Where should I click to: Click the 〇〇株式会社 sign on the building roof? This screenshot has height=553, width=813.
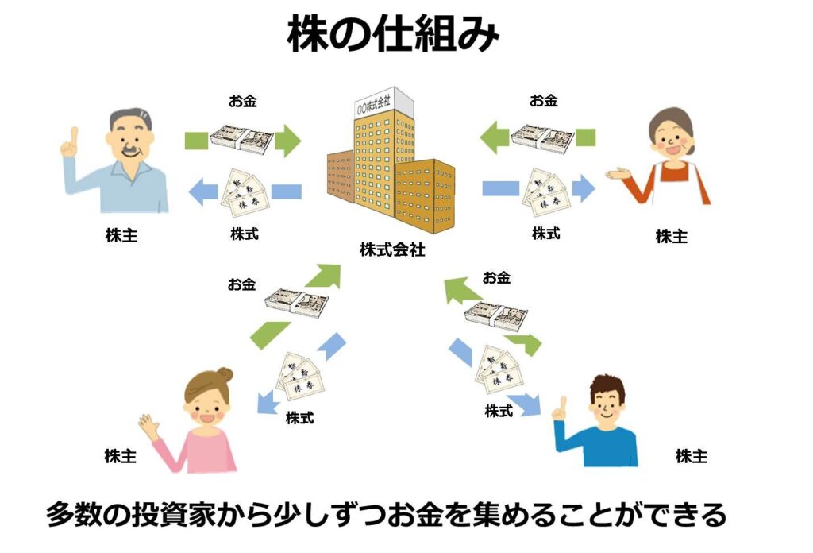pyautogui.click(x=380, y=103)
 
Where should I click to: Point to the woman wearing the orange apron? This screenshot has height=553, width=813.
pyautogui.click(x=669, y=163)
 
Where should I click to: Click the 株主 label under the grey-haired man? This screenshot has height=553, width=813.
pyautogui.click(x=121, y=235)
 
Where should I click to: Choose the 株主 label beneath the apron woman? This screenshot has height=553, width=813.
pyautogui.click(x=671, y=236)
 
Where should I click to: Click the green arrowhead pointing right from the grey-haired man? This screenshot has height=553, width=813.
pyautogui.click(x=289, y=141)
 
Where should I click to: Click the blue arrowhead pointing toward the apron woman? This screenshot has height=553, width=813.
pyautogui.click(x=584, y=189)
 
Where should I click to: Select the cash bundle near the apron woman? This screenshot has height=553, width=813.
pyautogui.click(x=542, y=137)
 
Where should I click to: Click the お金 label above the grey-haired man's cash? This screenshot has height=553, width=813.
pyautogui.click(x=242, y=101)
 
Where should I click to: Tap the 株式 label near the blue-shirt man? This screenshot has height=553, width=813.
pyautogui.click(x=499, y=412)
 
